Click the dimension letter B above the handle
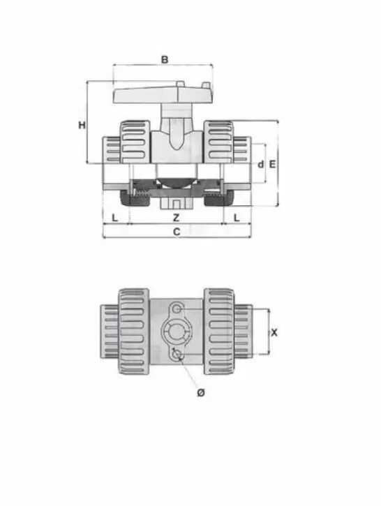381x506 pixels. (165, 59)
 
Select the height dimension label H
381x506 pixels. (82, 125)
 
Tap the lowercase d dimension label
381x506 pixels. (260, 165)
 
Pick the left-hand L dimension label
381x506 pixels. (114, 218)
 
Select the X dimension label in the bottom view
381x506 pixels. (274, 333)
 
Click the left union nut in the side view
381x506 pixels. (133, 140)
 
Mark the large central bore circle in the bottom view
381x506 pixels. (175, 332)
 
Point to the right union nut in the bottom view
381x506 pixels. (220, 332)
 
